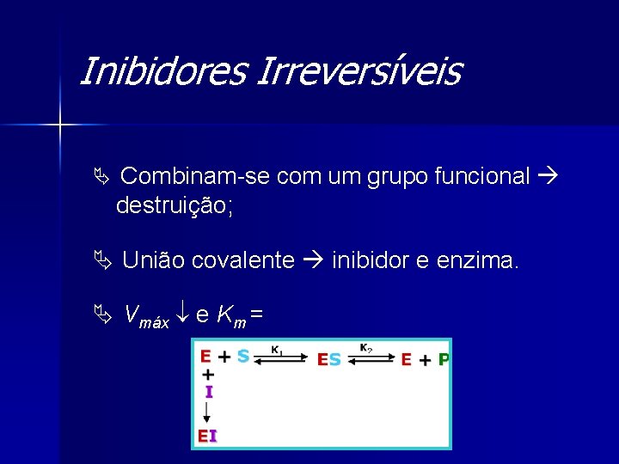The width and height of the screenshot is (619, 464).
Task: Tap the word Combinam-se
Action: (192, 177)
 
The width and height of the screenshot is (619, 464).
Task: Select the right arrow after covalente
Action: (313, 260)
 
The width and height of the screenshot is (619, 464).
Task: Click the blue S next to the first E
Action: (242, 356)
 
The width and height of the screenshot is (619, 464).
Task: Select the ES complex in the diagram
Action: (329, 360)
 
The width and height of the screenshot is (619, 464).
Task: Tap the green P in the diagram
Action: (444, 360)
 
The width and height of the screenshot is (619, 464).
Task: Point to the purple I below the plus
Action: (208, 392)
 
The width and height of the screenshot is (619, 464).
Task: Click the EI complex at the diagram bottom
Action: (207, 435)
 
